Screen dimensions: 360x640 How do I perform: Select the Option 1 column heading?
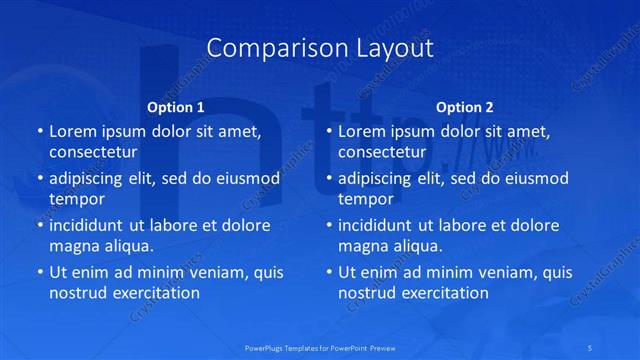click(175, 107)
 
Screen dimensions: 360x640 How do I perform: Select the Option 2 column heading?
click(464, 107)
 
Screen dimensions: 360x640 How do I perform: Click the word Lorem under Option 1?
click(73, 131)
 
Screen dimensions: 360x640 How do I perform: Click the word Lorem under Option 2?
click(363, 131)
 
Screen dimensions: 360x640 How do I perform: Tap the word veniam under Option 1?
click(215, 272)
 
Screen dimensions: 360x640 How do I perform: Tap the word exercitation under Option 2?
click(443, 293)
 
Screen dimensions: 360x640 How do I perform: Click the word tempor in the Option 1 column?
click(74, 199)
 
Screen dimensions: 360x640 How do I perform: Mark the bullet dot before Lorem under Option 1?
click(39, 132)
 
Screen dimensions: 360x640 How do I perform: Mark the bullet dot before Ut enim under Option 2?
click(329, 273)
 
